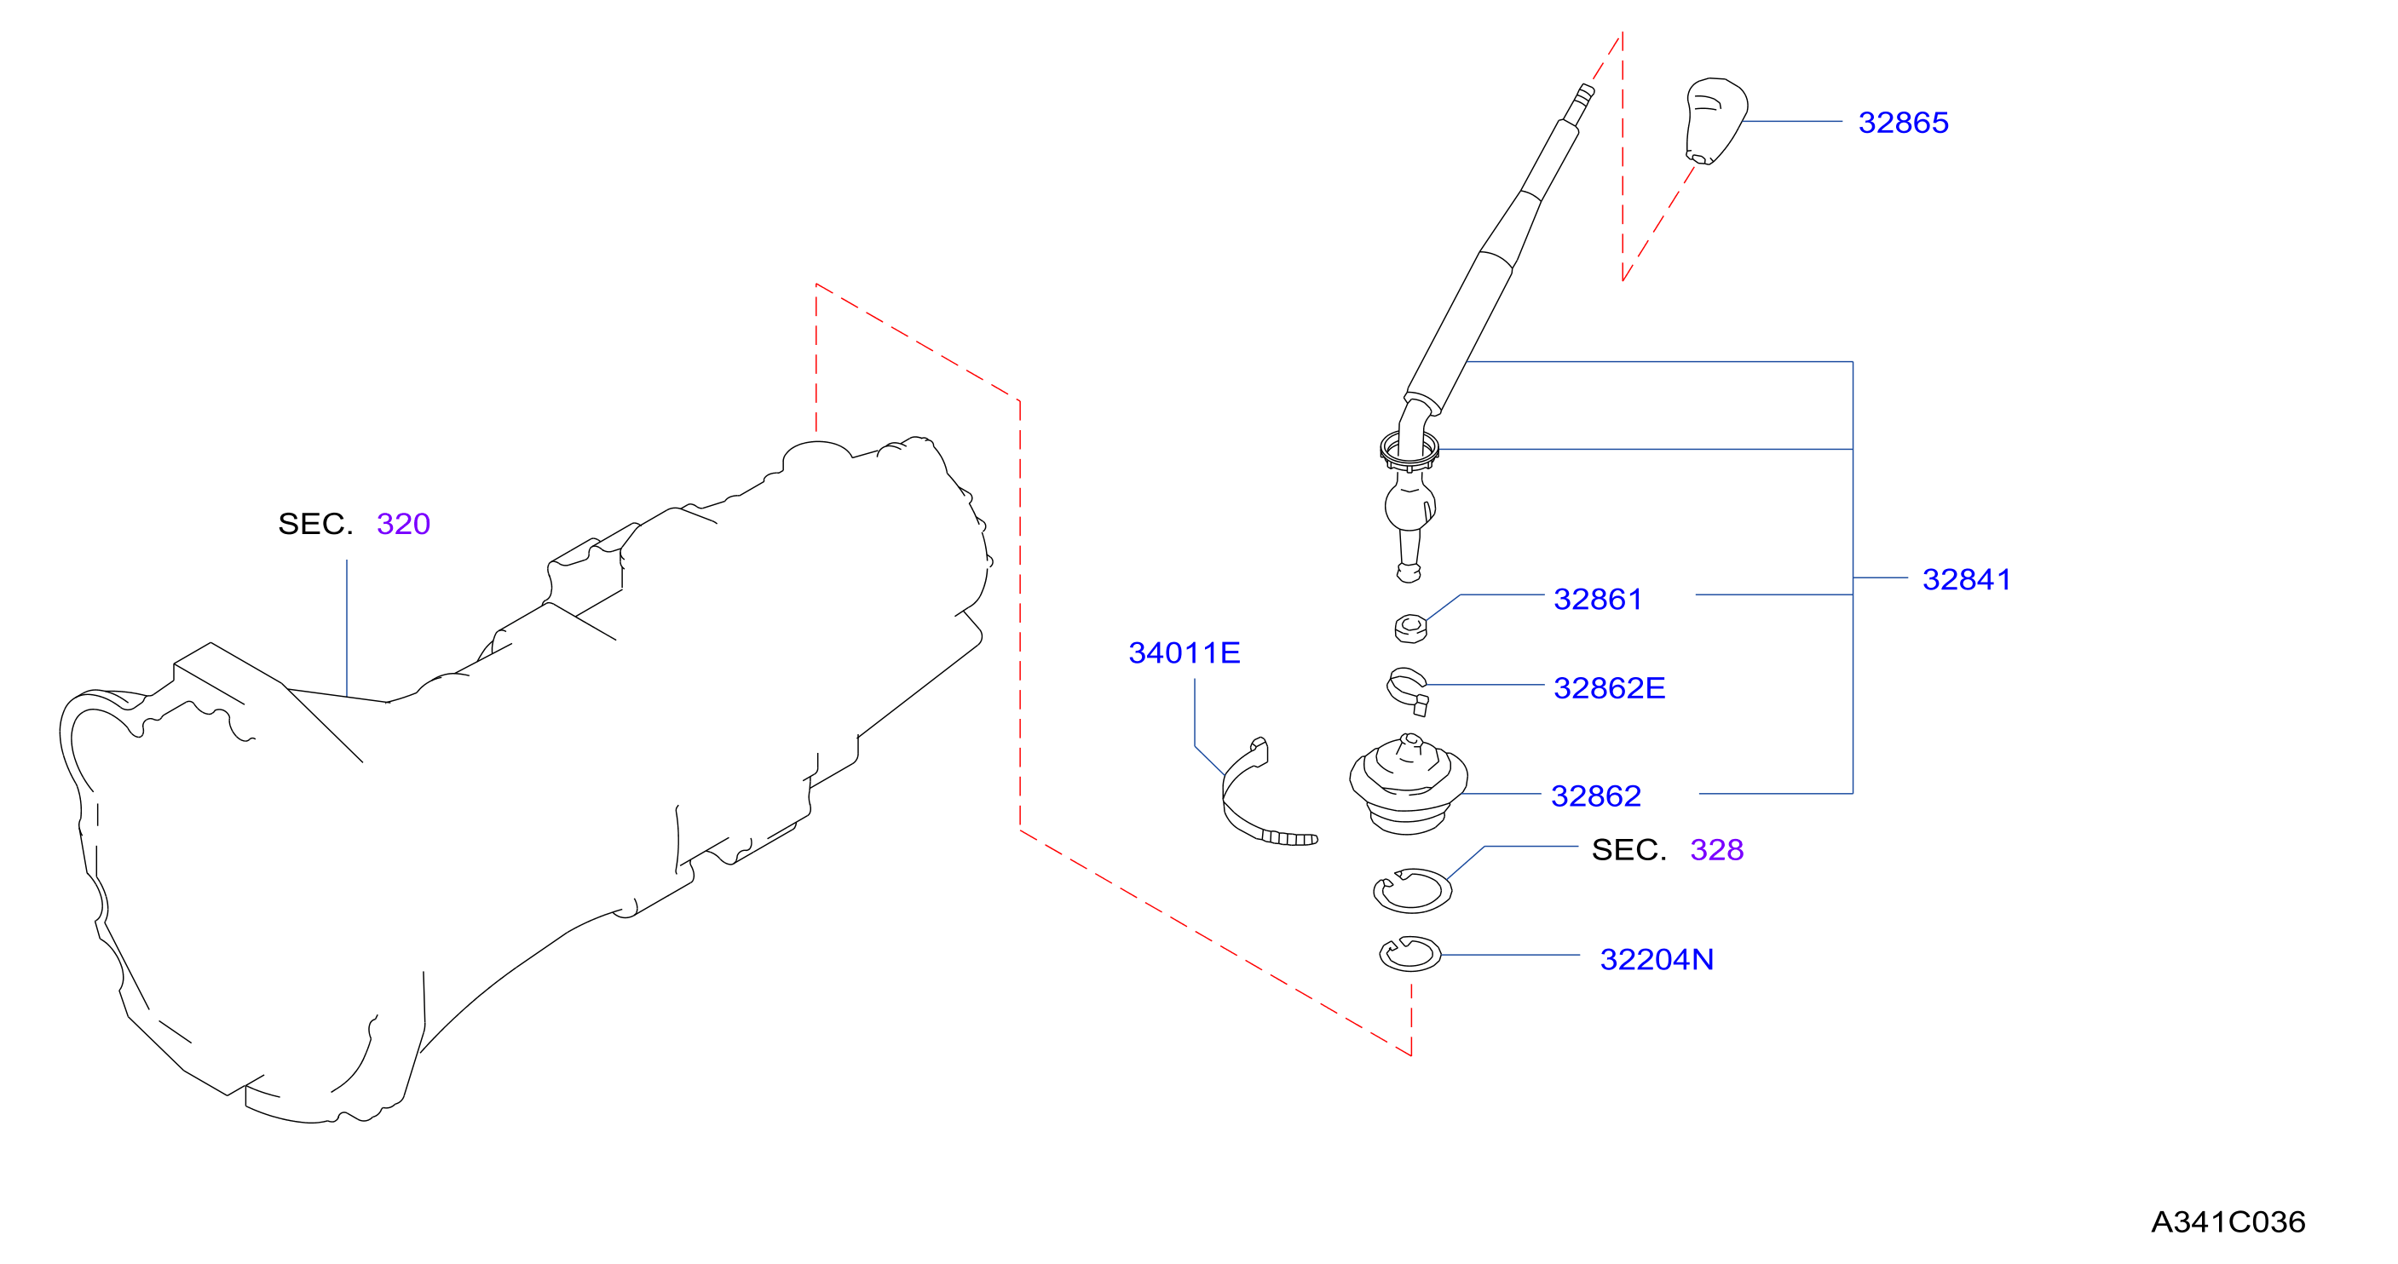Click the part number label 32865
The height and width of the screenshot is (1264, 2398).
coord(1903,122)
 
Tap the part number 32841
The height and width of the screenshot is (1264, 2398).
coord(1966,579)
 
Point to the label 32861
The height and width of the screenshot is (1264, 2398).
coord(1598,599)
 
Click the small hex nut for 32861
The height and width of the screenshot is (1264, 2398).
coord(1410,629)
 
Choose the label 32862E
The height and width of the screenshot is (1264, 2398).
coord(1609,688)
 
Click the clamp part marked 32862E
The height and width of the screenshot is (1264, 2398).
coord(1408,691)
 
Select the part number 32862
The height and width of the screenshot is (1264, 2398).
coord(1595,796)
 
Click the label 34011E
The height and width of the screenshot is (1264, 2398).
coord(1185,652)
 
